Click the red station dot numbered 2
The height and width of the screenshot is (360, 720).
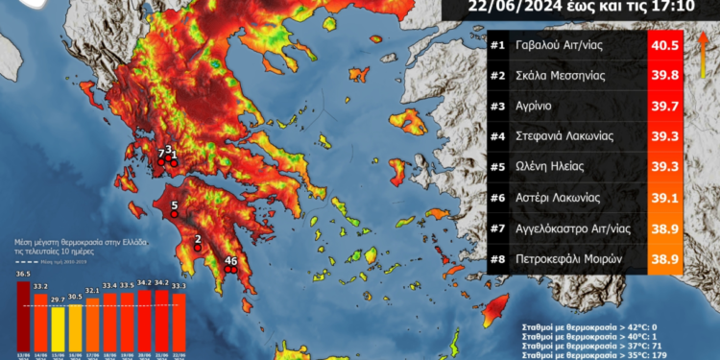[x=198, y=249]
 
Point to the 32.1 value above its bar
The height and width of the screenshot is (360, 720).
[x=92, y=289]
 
